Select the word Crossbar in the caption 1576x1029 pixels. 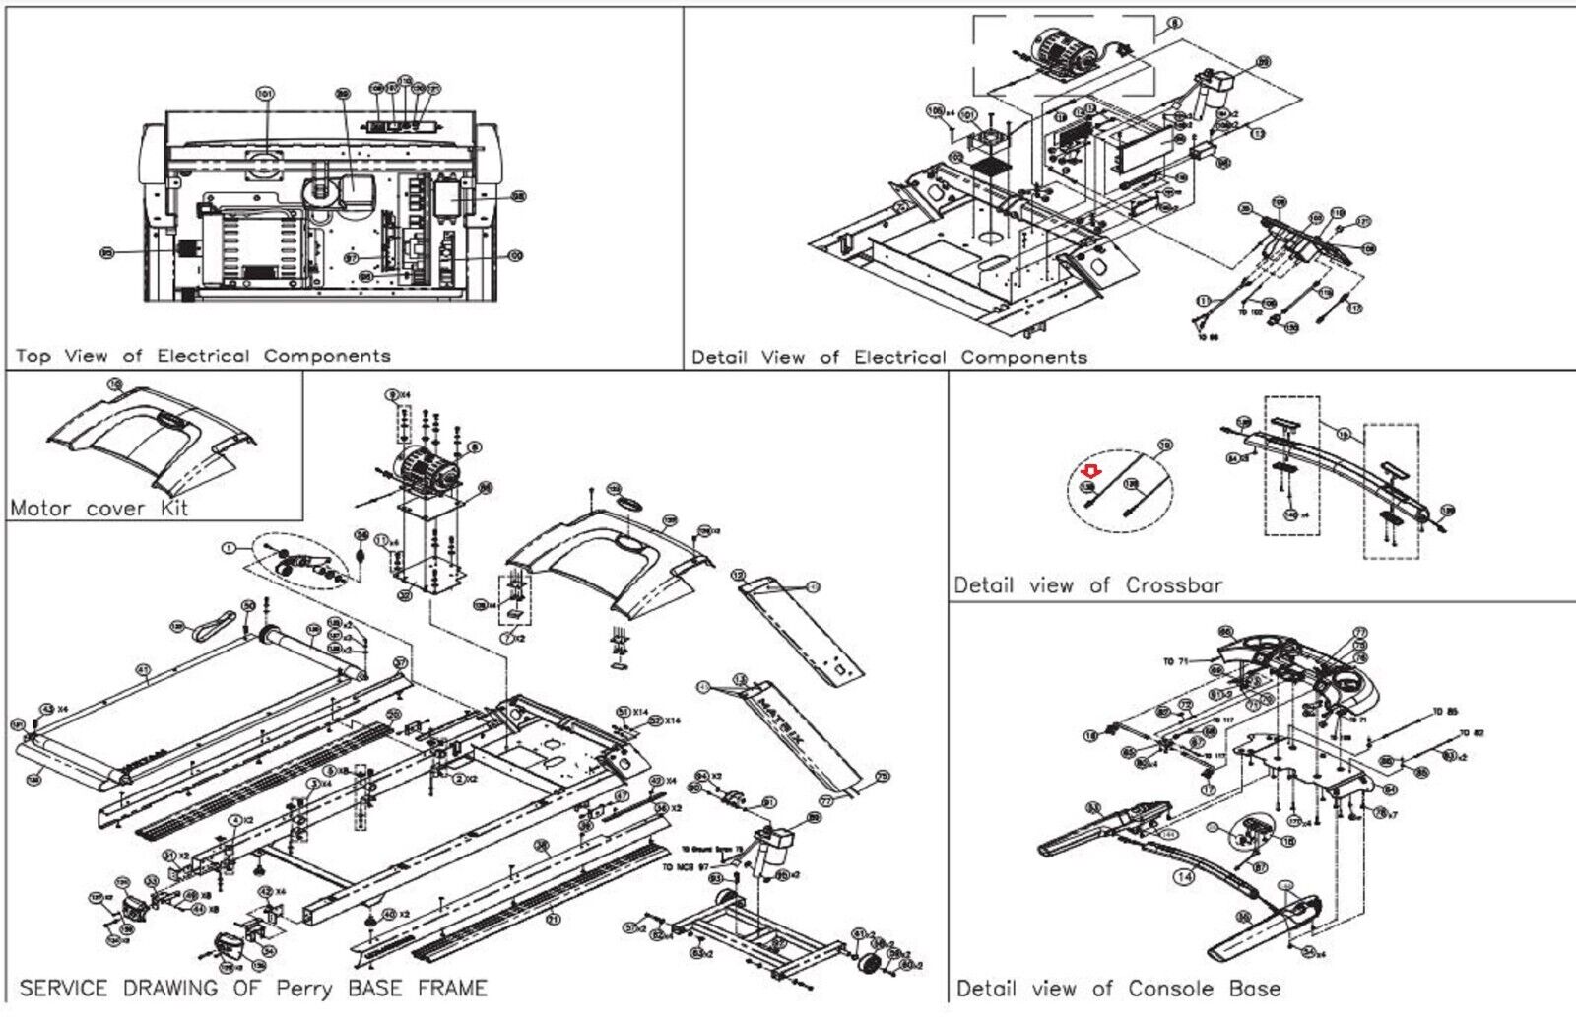[x=1174, y=584]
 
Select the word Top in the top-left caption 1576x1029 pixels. [x=33, y=356]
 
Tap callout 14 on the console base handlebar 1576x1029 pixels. [x=1183, y=875]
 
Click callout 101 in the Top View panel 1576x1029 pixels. [x=264, y=95]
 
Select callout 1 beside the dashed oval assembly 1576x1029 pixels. [x=230, y=547]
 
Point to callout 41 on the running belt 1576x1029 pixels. [x=144, y=670]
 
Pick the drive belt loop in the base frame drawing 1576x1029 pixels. [x=213, y=624]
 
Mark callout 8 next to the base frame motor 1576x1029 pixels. [x=475, y=446]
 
